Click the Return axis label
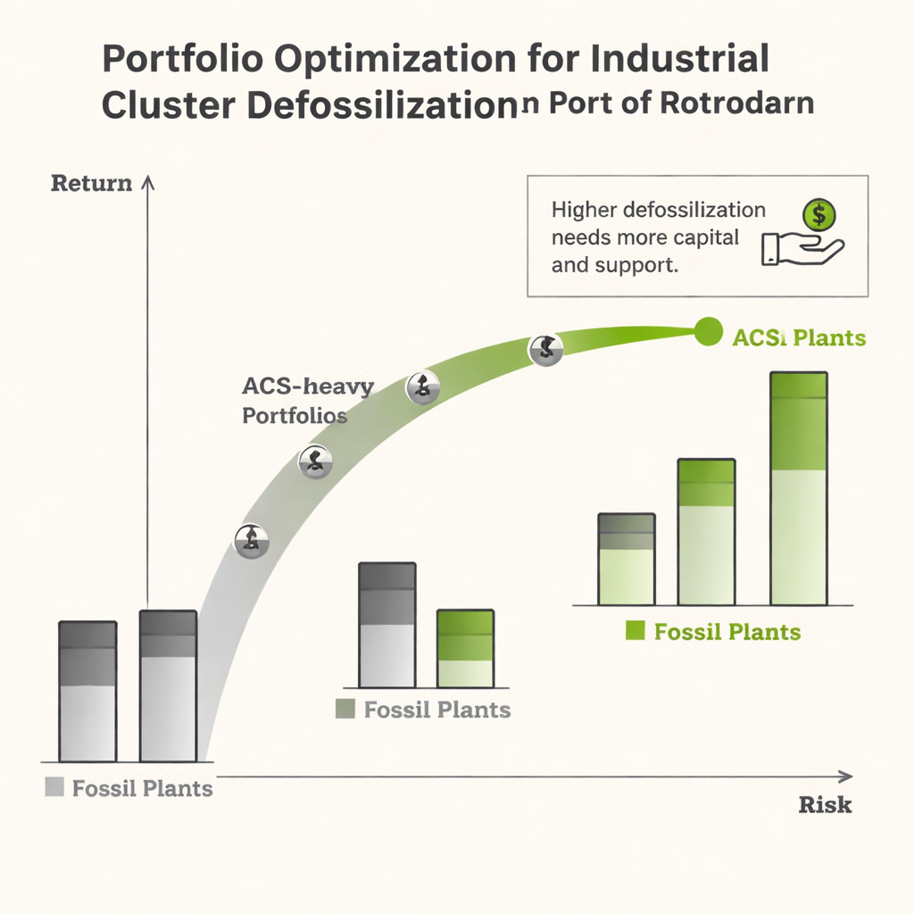click(x=91, y=184)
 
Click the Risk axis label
click(x=825, y=804)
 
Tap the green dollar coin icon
click(x=818, y=215)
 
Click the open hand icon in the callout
click(x=801, y=249)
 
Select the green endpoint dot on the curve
click(x=708, y=332)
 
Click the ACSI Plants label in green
click(x=798, y=338)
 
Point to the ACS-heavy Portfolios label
click(x=307, y=401)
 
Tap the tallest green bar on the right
click(x=799, y=488)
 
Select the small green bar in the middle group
click(x=465, y=649)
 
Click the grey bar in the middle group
click(x=386, y=625)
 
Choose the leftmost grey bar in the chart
click(x=87, y=691)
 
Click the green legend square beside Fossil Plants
click(x=635, y=632)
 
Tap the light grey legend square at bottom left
click(x=54, y=787)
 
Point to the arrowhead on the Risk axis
click(x=846, y=776)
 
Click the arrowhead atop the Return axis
click(x=148, y=181)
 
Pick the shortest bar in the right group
click(x=626, y=560)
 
